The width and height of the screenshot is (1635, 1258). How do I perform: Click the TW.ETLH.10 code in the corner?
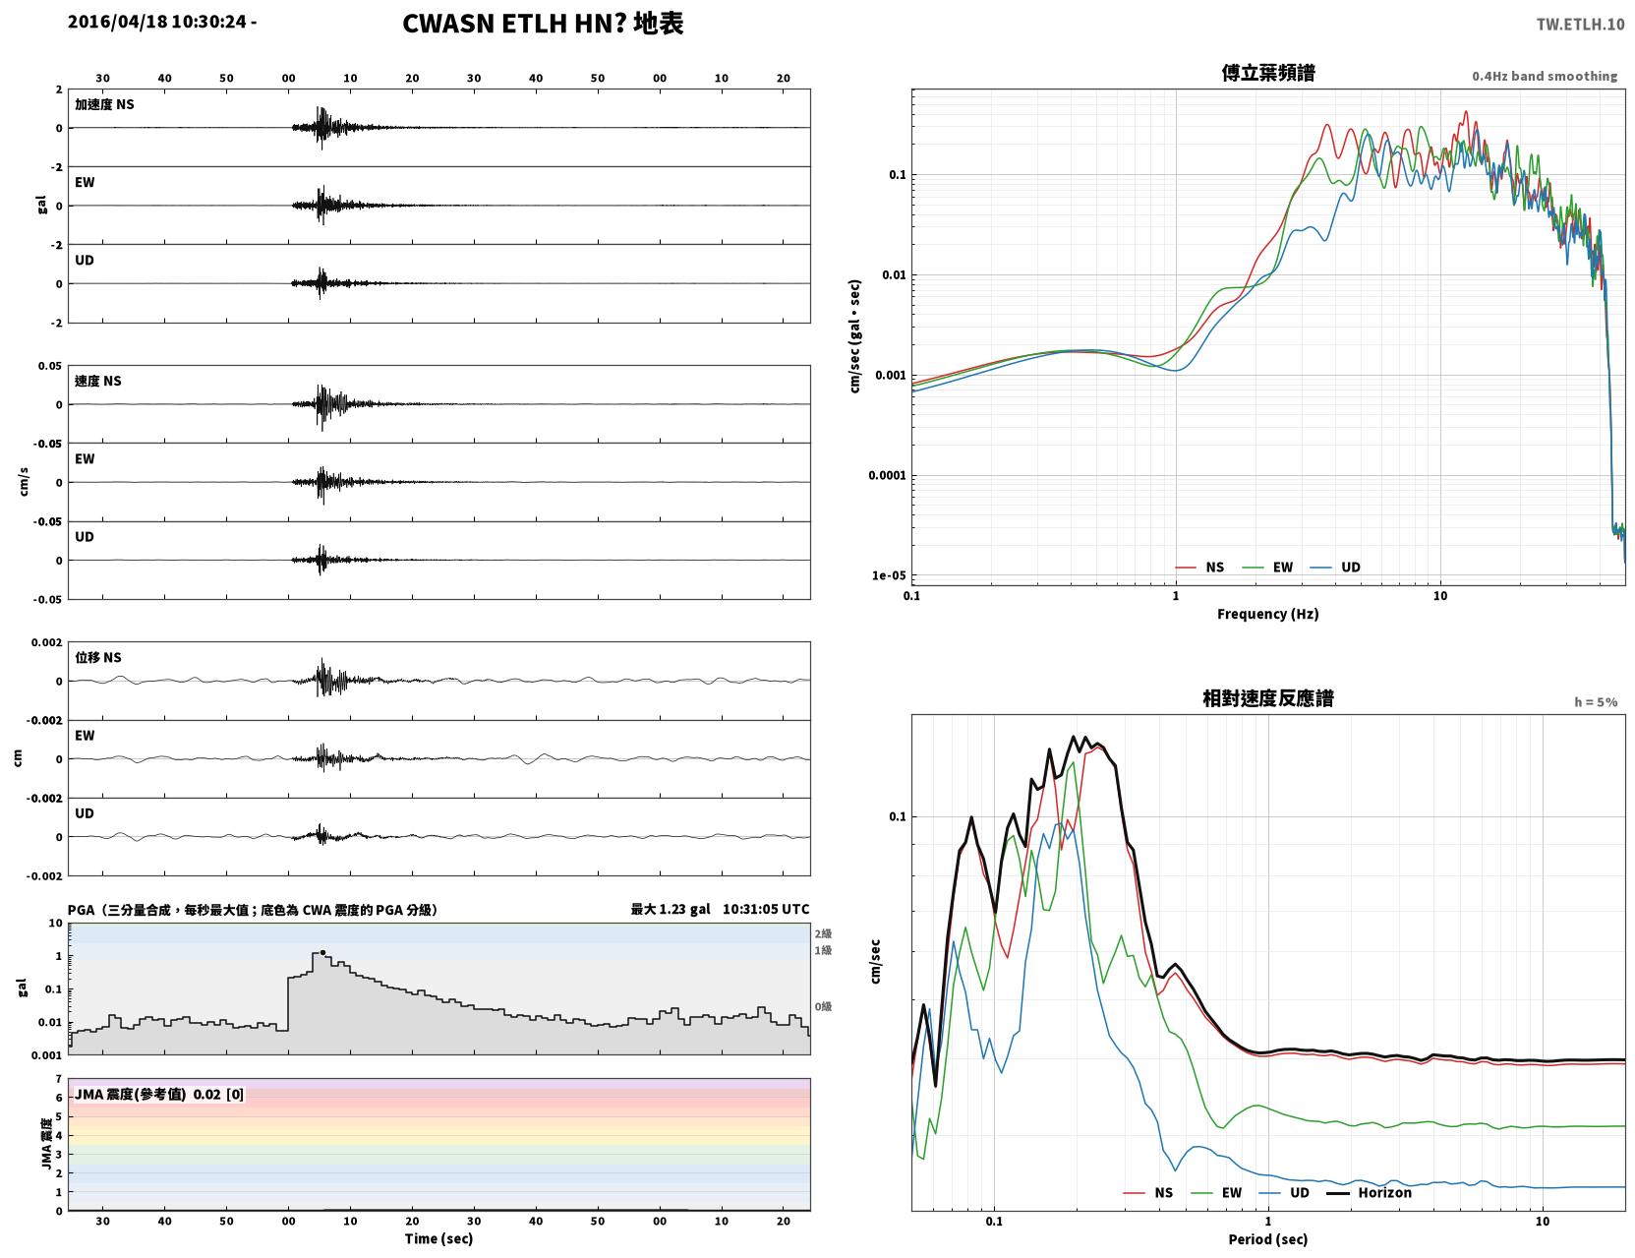[1580, 24]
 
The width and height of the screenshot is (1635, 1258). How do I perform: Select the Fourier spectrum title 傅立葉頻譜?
[1268, 73]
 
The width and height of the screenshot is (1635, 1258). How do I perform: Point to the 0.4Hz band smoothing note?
[1544, 76]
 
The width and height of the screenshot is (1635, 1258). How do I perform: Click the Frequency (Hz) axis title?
[1268, 614]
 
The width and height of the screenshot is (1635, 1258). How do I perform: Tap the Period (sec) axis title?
[1268, 1239]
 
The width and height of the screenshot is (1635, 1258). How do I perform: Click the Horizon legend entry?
[1370, 1192]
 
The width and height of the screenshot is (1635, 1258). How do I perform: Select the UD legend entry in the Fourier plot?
[1335, 568]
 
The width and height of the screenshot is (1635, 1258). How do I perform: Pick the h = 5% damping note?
[1595, 702]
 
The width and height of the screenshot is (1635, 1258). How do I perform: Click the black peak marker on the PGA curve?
[322, 952]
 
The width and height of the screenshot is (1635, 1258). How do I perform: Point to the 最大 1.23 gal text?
[670, 909]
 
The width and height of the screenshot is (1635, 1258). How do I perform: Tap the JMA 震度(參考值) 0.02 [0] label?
[158, 1094]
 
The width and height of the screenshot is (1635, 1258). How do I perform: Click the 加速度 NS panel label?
[104, 104]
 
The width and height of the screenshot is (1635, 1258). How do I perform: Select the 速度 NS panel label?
[97, 381]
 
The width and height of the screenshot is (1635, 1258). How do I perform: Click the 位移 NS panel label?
[97, 657]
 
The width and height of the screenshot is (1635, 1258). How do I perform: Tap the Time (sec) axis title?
[438, 1238]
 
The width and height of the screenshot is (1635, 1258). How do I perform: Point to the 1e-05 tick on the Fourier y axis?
[889, 575]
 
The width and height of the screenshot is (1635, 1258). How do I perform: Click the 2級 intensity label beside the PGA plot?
[823, 933]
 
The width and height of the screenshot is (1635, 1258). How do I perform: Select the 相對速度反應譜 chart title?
[1268, 698]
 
